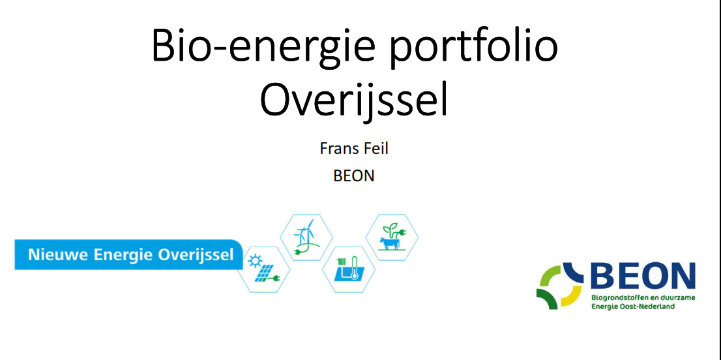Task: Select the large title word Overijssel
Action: point(353,99)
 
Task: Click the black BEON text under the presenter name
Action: point(353,175)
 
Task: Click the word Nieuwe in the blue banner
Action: point(59,254)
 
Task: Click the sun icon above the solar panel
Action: point(253,261)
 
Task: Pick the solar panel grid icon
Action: point(263,274)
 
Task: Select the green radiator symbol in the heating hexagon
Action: point(342,263)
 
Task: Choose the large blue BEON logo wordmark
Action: point(643,277)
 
